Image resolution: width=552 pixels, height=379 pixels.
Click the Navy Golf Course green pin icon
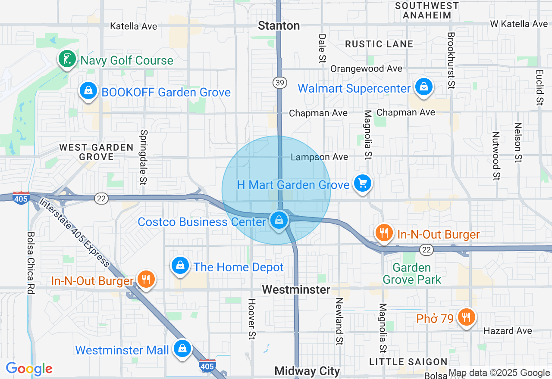click(x=67, y=59)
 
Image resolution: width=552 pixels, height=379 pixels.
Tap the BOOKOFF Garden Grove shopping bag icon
click(x=88, y=91)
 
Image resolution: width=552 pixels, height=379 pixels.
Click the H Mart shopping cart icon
click(x=362, y=183)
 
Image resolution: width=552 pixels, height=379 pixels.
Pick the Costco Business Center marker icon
click(x=279, y=221)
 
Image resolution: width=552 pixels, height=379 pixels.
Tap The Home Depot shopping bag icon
click(x=180, y=266)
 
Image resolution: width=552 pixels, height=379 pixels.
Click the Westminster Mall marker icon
click(x=182, y=349)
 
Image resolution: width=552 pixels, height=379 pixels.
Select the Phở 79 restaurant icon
click(x=466, y=317)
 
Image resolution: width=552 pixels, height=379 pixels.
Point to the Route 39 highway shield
click(x=279, y=83)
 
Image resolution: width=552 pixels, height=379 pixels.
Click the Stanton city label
click(x=279, y=26)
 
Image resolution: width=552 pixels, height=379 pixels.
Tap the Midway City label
click(x=307, y=371)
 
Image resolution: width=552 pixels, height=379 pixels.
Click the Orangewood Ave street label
click(x=366, y=69)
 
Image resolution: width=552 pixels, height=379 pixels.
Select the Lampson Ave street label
click(x=319, y=157)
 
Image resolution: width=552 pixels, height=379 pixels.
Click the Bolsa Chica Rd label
click(x=31, y=263)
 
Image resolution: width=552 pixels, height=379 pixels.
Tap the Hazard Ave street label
click(x=508, y=331)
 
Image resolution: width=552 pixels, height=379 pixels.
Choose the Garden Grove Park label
click(x=412, y=274)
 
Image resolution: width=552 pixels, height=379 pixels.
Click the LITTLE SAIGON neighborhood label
click(x=408, y=362)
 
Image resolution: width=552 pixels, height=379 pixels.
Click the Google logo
click(x=29, y=369)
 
